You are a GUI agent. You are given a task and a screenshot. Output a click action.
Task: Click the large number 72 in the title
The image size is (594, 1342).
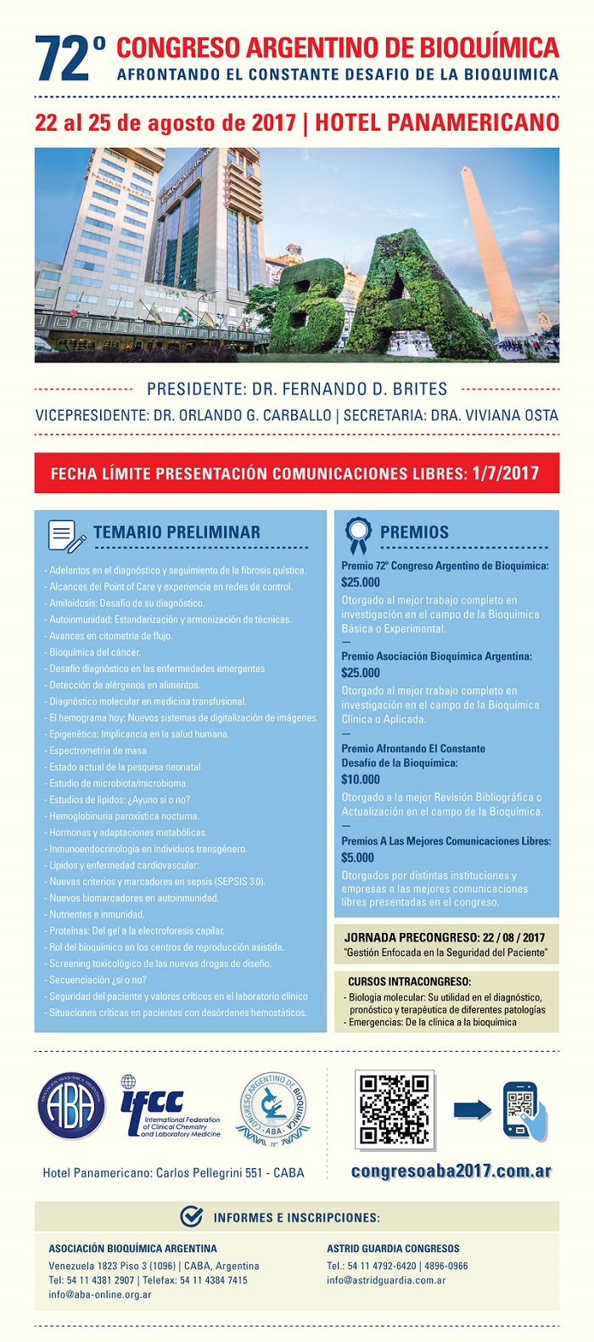click(61, 59)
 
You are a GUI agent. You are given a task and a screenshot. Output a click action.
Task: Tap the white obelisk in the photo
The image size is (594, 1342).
click(496, 246)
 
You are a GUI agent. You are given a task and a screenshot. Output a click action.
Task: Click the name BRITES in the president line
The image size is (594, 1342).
click(413, 390)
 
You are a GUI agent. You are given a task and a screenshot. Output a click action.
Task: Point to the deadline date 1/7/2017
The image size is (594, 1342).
click(506, 474)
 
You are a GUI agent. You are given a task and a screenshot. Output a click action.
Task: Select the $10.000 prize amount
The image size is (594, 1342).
click(361, 779)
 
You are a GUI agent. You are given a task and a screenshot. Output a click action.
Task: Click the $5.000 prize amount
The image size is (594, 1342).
click(357, 857)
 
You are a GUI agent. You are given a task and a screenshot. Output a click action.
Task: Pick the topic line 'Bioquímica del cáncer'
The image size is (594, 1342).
click(94, 652)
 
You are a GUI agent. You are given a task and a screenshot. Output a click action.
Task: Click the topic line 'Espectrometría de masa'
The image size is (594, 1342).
click(98, 750)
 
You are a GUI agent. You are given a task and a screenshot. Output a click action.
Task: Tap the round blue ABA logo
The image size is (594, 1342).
click(71, 1106)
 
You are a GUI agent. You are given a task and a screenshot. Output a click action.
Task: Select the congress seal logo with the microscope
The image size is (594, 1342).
click(273, 1108)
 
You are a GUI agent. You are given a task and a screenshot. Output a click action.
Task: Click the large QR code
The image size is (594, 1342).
click(395, 1108)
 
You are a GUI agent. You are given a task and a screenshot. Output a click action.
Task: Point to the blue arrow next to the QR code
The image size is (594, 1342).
click(472, 1109)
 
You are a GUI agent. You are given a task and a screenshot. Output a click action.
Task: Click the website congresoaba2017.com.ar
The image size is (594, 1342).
click(451, 1171)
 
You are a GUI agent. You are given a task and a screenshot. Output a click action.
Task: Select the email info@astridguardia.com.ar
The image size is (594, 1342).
click(386, 1280)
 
